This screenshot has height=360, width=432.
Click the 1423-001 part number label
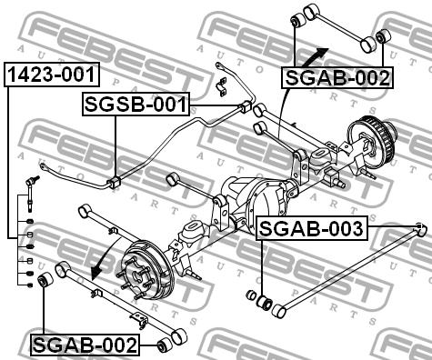tap(52, 75)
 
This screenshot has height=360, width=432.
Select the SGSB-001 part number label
tap(136, 105)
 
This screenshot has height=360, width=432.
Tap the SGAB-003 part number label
tap(312, 228)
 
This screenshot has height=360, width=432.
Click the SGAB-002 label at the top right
tap(337, 77)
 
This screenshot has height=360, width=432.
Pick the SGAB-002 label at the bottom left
tap(85, 345)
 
